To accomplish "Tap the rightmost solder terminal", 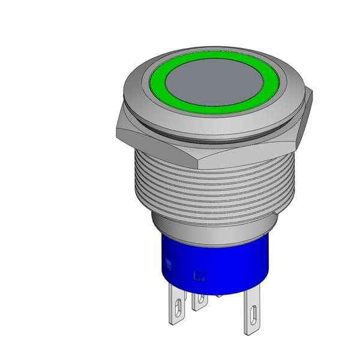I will click(253, 312).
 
